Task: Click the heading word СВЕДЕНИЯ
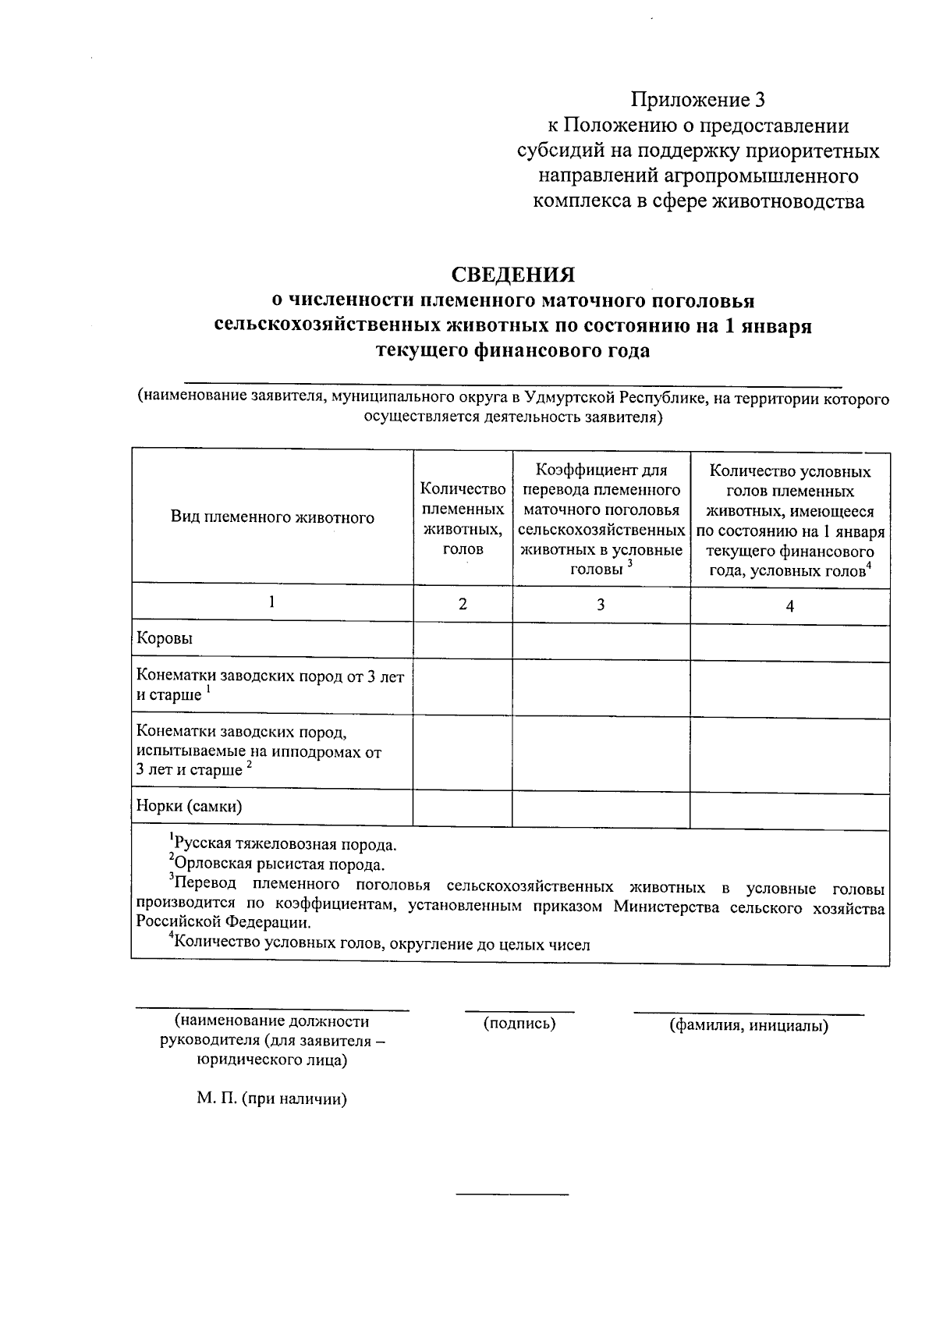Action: [x=513, y=275]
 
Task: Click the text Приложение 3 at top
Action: [x=698, y=100]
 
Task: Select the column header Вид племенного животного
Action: [x=272, y=517]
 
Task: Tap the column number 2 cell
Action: [x=463, y=604]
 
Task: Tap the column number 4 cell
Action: [x=789, y=606]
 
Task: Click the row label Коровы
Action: [x=165, y=638]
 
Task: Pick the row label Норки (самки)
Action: [x=189, y=806]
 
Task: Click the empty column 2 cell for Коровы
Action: [x=463, y=640]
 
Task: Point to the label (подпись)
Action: [x=519, y=1023]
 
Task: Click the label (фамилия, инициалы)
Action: [x=749, y=1025]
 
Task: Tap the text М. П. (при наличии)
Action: [x=271, y=1099]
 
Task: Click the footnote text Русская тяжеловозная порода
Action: [x=285, y=844]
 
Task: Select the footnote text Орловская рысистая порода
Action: [x=279, y=864]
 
